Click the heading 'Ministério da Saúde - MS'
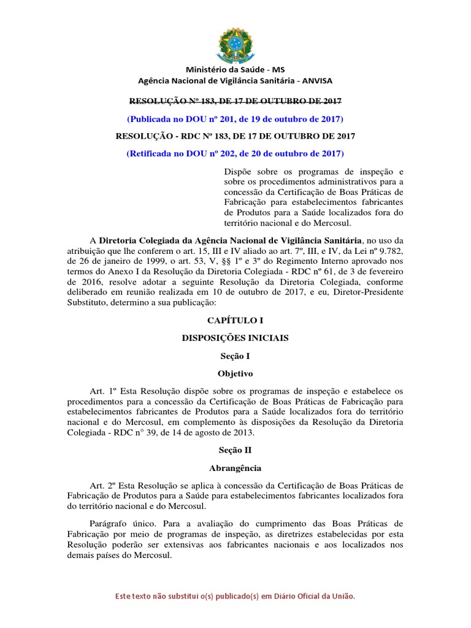235,70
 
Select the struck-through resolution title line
235,101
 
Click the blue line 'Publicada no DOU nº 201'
235,118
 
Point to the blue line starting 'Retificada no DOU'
235,153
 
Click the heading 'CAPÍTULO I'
235,320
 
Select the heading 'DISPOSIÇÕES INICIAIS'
235,338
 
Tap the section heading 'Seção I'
235,356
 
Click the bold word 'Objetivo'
235,373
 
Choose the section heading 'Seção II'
235,450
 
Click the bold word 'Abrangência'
235,468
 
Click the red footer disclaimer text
235,596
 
